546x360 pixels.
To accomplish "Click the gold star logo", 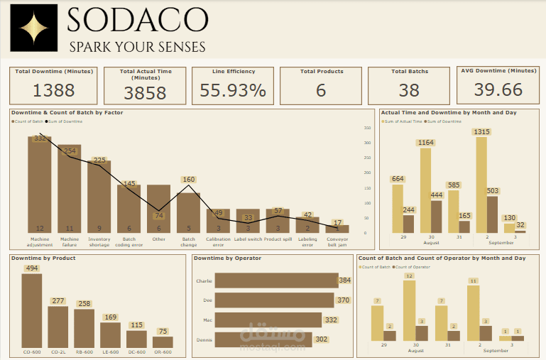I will tap(33, 28).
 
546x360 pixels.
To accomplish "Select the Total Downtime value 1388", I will tap(54, 90).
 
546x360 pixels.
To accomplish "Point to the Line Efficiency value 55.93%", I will tap(233, 90).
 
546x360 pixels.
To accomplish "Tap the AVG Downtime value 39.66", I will tap(498, 89).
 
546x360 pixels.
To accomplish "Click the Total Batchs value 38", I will tap(408, 90).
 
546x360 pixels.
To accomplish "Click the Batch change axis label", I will tap(188, 241).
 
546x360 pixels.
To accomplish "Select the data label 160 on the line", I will tap(188, 180).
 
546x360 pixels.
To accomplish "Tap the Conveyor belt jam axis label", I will tap(337, 241).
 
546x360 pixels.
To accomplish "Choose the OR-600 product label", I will tap(163, 352).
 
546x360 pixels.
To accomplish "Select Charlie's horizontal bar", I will tap(274, 280).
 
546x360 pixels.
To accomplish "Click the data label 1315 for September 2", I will tap(481, 132).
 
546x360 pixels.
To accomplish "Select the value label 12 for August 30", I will tap(409, 276).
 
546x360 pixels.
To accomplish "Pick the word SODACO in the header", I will tap(138, 20).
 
